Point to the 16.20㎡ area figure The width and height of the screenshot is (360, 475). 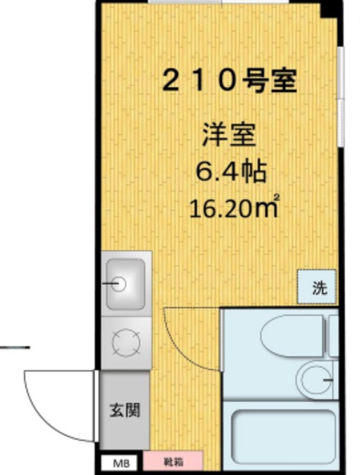pyautogui.click(x=235, y=206)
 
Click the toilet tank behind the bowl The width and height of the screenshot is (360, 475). pyautogui.click(x=332, y=334)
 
